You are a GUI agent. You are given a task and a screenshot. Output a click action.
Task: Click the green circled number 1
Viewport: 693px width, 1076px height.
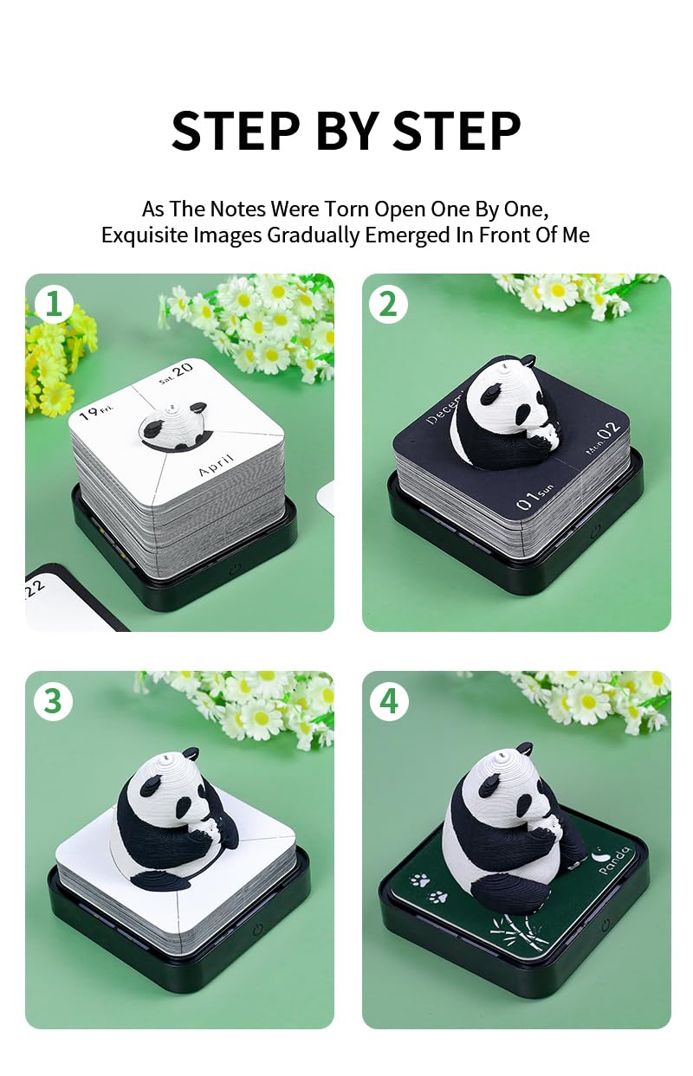tap(53, 304)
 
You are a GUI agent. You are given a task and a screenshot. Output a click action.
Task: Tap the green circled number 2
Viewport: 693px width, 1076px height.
tap(388, 304)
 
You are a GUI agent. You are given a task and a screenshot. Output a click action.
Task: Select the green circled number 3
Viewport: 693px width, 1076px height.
tap(53, 701)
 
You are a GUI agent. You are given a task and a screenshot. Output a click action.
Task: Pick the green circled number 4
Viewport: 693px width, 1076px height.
tap(388, 701)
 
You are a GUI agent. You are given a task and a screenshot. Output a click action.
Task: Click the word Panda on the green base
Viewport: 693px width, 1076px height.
tap(616, 861)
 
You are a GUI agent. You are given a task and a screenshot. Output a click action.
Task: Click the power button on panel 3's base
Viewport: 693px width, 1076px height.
tap(257, 931)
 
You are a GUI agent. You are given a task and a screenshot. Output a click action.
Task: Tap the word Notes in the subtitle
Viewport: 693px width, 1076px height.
tap(236, 209)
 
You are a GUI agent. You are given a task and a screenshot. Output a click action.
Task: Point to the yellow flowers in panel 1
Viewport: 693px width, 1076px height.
tap(61, 364)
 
